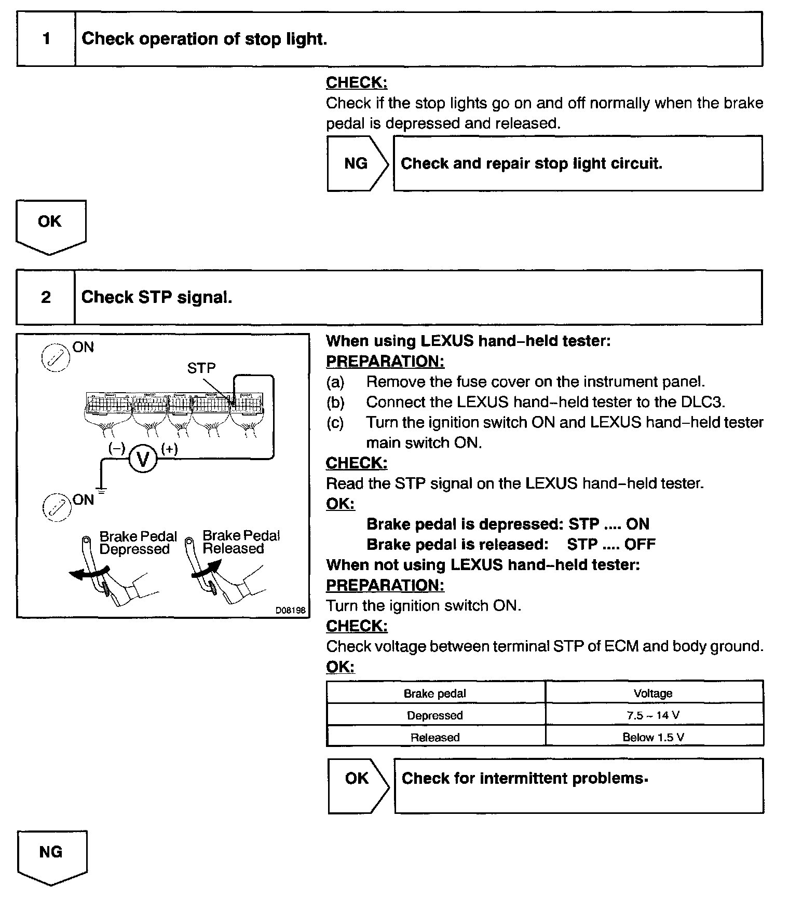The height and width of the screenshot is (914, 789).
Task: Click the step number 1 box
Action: pos(46,39)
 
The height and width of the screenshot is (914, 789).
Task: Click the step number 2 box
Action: pos(46,297)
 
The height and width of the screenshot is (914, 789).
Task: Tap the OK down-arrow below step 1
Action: pos(50,225)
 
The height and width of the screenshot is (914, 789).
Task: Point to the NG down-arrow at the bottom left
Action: pos(51,856)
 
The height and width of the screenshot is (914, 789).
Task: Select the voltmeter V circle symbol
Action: pos(143,459)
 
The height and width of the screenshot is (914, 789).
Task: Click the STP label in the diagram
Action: pos(201,368)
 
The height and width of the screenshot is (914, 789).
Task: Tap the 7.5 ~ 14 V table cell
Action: pos(654,715)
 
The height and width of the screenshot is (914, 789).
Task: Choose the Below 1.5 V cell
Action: pos(654,737)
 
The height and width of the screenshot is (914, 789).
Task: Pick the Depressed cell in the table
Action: pos(435,715)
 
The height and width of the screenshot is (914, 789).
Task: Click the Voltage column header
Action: pos(654,694)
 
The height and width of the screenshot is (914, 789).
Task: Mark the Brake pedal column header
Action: pos(435,694)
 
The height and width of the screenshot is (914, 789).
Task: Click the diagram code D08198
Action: pos(291,611)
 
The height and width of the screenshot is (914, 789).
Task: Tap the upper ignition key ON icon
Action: pos(55,358)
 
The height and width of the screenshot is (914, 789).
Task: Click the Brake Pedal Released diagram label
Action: pos(241,542)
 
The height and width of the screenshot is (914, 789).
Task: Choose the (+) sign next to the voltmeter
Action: pos(169,449)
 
